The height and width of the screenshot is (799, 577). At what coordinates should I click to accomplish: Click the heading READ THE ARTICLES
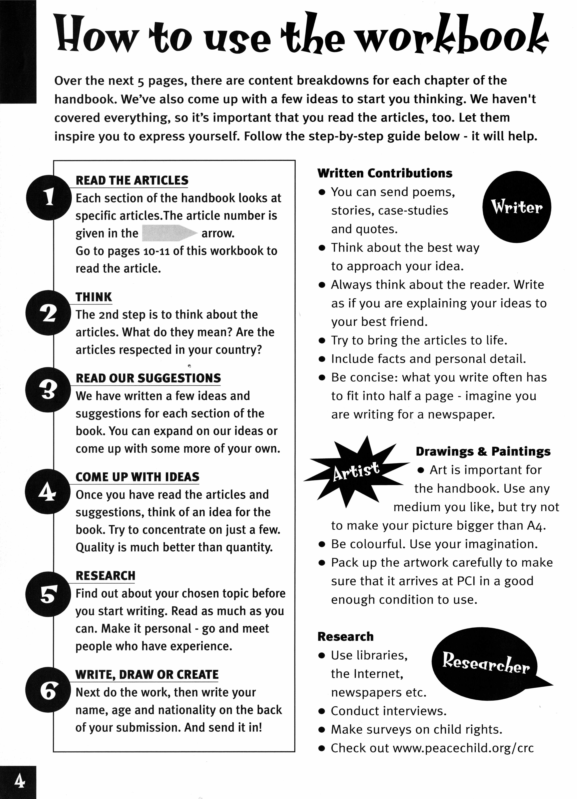point(132,180)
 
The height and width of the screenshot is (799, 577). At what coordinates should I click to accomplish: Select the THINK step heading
point(94,297)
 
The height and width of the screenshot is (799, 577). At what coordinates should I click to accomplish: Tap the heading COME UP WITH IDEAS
point(137,477)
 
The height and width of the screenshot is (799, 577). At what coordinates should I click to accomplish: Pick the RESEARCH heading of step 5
point(105,576)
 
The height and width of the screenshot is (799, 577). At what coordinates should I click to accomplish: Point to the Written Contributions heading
point(385,173)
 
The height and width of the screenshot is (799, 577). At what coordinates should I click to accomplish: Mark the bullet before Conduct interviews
point(321,711)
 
